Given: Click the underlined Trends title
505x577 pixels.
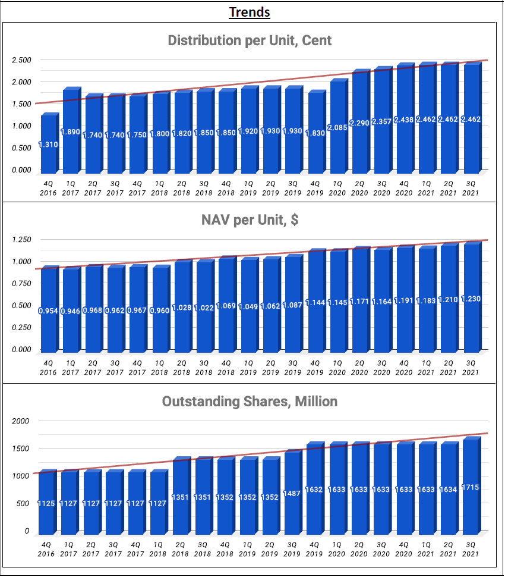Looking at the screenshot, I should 250,12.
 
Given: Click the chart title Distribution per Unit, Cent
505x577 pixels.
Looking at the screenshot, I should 250,40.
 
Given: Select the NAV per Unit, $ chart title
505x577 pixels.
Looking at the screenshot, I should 250,221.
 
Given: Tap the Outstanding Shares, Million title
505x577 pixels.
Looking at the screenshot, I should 250,402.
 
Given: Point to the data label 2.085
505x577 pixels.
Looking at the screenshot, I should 337,127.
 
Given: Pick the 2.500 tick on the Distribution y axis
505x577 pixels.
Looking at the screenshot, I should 21,60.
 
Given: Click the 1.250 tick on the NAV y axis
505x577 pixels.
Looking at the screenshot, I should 21,240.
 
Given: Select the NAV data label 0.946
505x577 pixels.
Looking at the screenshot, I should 70,310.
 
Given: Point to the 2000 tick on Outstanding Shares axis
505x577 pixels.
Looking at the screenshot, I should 21,421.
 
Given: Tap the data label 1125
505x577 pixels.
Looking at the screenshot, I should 46,503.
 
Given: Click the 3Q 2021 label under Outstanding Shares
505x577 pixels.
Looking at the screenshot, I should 471,550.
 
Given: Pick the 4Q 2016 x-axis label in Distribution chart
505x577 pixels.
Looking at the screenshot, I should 48,188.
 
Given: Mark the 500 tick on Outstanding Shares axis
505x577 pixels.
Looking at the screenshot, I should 23,503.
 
